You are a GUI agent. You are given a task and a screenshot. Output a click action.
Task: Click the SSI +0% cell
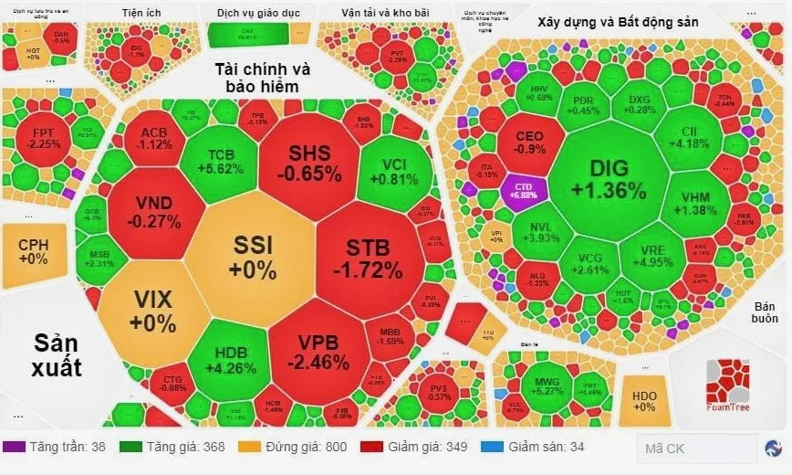click(253, 257)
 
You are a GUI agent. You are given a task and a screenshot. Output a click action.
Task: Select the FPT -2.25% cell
click(44, 138)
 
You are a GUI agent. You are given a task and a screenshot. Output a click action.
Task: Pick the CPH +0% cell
click(33, 251)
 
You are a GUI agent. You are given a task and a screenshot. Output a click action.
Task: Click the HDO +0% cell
click(643, 400)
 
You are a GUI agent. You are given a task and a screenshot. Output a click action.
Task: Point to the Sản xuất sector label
click(57, 355)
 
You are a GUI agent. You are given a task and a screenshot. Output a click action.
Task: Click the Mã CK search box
click(697, 448)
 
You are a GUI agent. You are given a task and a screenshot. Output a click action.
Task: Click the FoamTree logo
click(727, 384)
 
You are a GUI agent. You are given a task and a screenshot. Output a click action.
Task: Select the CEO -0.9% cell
click(529, 143)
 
